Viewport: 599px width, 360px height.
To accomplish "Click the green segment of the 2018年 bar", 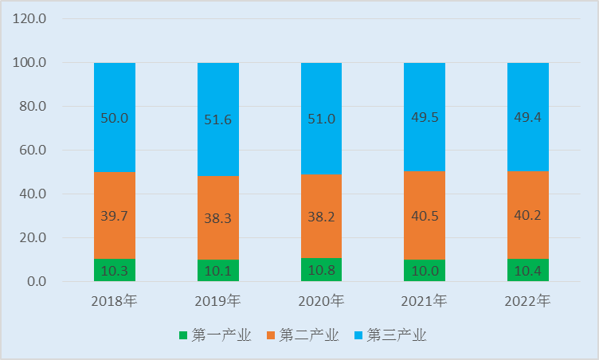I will (x=115, y=270).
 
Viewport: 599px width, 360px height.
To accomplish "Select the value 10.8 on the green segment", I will (x=321, y=271).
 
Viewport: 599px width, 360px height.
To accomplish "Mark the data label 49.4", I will (x=528, y=118).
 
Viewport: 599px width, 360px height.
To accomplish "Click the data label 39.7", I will (x=115, y=216).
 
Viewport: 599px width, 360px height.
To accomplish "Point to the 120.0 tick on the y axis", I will (x=30, y=18).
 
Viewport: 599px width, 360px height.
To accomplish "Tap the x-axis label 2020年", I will (x=321, y=302).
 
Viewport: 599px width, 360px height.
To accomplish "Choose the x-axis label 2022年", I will (x=528, y=302).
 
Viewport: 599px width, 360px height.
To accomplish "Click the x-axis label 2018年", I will (x=115, y=302).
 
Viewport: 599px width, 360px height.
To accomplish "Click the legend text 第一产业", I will (x=221, y=335).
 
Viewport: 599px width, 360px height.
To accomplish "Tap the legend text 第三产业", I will (x=397, y=335).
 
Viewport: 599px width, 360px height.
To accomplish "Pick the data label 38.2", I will (x=321, y=216).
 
